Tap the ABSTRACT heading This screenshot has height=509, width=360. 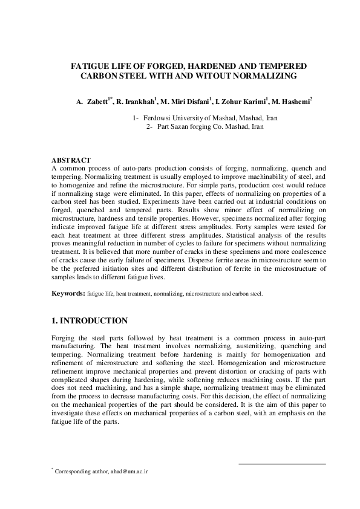71,159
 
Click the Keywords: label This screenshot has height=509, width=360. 68,293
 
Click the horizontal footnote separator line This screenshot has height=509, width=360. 282,464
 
